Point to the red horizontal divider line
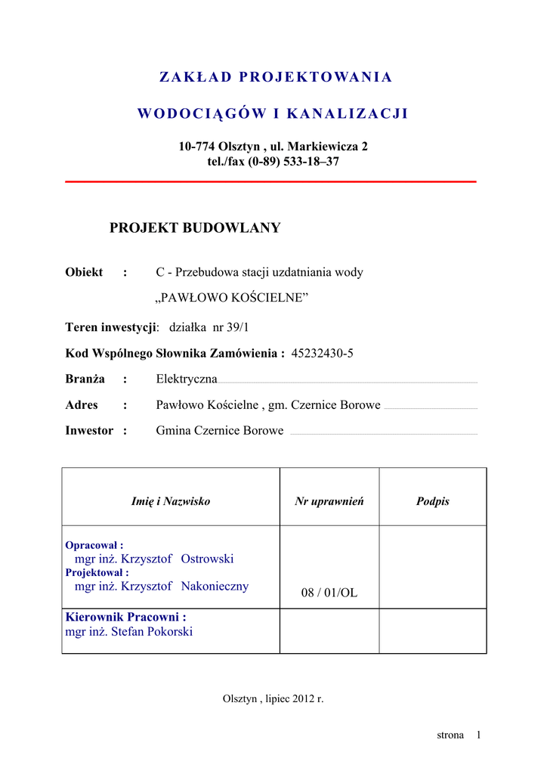[271, 181]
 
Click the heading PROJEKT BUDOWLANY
[195, 228]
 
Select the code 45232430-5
[322, 353]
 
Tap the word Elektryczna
[187, 379]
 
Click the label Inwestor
[90, 431]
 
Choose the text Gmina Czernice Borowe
[220, 431]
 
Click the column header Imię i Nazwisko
[171, 501]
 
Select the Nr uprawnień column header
[329, 501]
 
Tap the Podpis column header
[433, 501]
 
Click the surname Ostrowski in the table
[208, 559]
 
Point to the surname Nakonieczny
[215, 586]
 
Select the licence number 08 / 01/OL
[329, 593]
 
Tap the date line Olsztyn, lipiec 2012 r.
[273, 698]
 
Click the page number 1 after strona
[479, 735]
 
